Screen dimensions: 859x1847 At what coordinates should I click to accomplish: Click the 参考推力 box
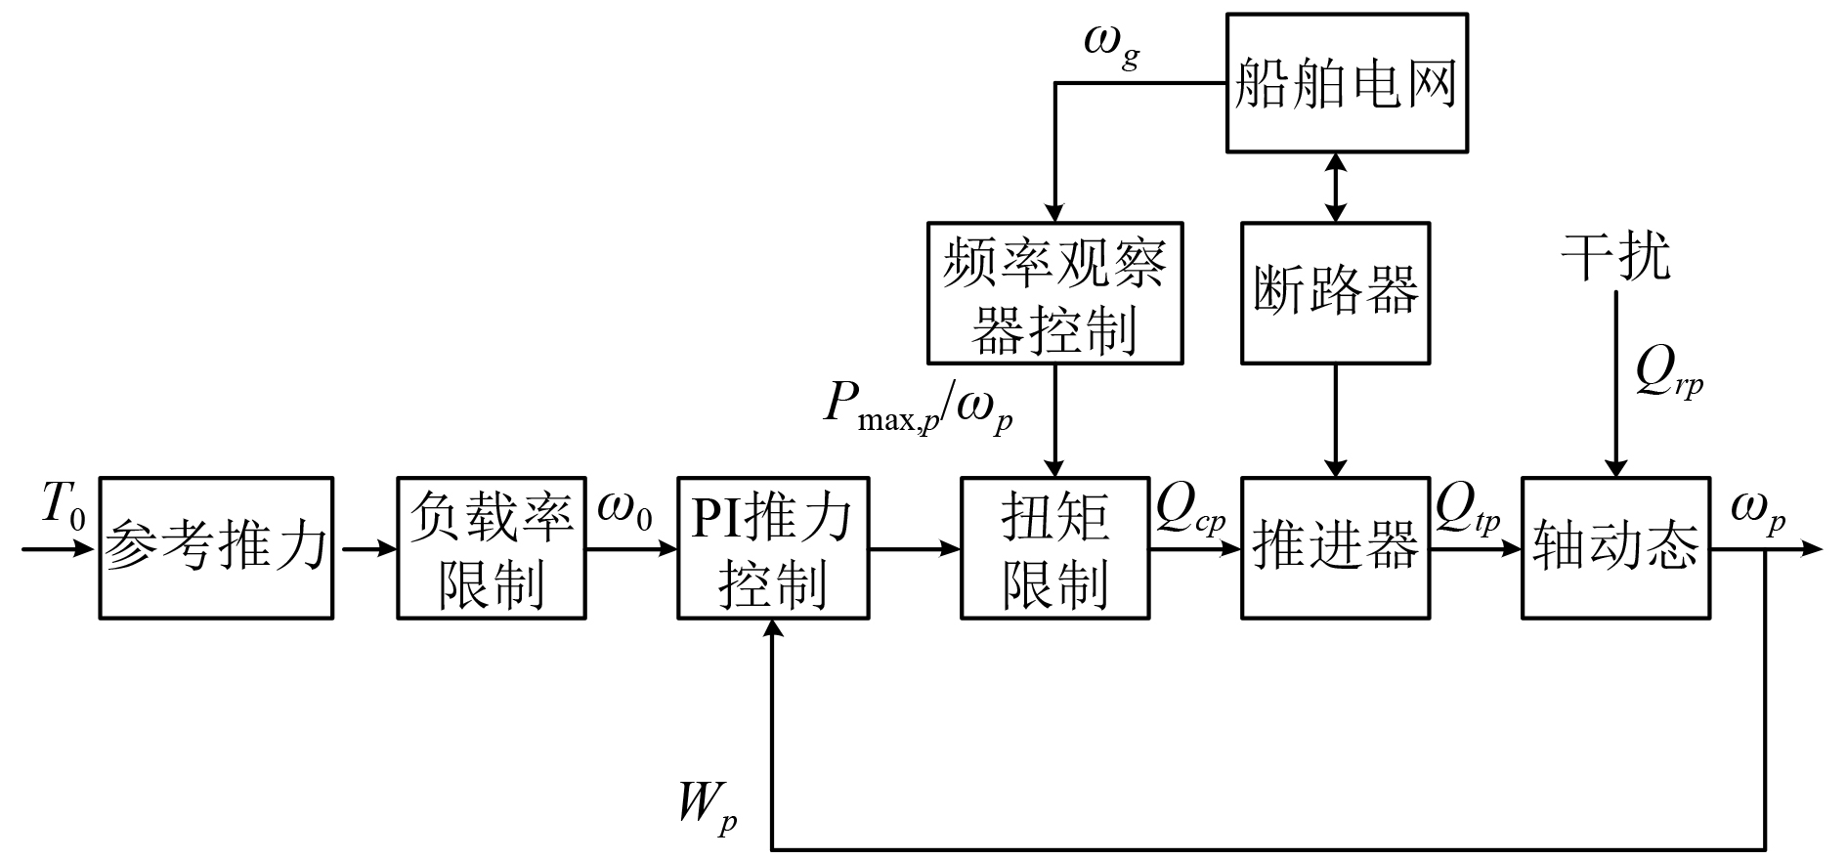tap(216, 547)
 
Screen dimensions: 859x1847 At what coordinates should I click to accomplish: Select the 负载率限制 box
tap(491, 547)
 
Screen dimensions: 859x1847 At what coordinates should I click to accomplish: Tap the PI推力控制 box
tap(773, 547)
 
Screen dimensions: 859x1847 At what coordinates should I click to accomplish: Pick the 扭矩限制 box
tap(1054, 547)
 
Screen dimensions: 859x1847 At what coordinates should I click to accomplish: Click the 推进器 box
tap(1335, 547)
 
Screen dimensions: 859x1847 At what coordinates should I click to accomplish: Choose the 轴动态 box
tap(1615, 547)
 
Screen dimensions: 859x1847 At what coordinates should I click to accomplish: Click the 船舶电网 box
tap(1347, 82)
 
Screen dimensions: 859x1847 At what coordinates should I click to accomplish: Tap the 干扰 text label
tap(1615, 257)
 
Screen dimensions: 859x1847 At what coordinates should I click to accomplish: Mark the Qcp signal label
tap(1189, 509)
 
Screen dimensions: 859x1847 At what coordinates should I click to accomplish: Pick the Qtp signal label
tap(1468, 509)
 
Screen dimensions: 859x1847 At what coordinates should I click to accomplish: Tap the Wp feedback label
tap(709, 805)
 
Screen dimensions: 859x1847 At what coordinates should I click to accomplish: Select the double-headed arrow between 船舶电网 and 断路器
tap(1335, 187)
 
